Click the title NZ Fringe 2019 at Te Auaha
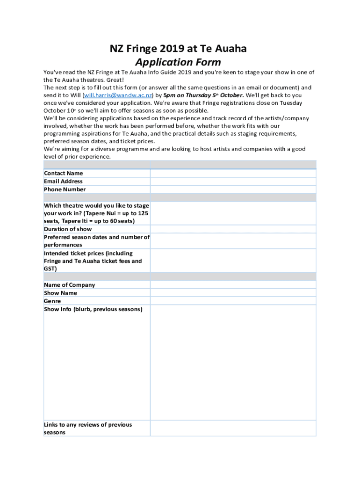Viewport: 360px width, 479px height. [178, 49]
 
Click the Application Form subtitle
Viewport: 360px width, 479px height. [178, 62]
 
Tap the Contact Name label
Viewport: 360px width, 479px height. [64, 173]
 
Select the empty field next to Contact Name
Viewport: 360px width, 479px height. [233, 173]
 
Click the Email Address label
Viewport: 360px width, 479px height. [63, 181]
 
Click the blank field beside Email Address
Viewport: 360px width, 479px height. [233, 181]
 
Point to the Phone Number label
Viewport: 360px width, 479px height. [65, 189]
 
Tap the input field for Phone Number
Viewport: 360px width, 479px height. [233, 189]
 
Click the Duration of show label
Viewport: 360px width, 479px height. [68, 229]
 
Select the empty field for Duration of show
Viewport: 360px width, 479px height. [233, 229]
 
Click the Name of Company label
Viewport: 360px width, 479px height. [69, 285]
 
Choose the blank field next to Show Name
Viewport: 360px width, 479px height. [233, 293]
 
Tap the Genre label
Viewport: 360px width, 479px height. [52, 301]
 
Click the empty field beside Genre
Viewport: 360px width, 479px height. [233, 301]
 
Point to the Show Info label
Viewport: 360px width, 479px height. [93, 309]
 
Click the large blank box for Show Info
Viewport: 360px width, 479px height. [233, 363]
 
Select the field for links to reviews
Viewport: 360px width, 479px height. [233, 428]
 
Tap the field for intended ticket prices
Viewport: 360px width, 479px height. [233, 261]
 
